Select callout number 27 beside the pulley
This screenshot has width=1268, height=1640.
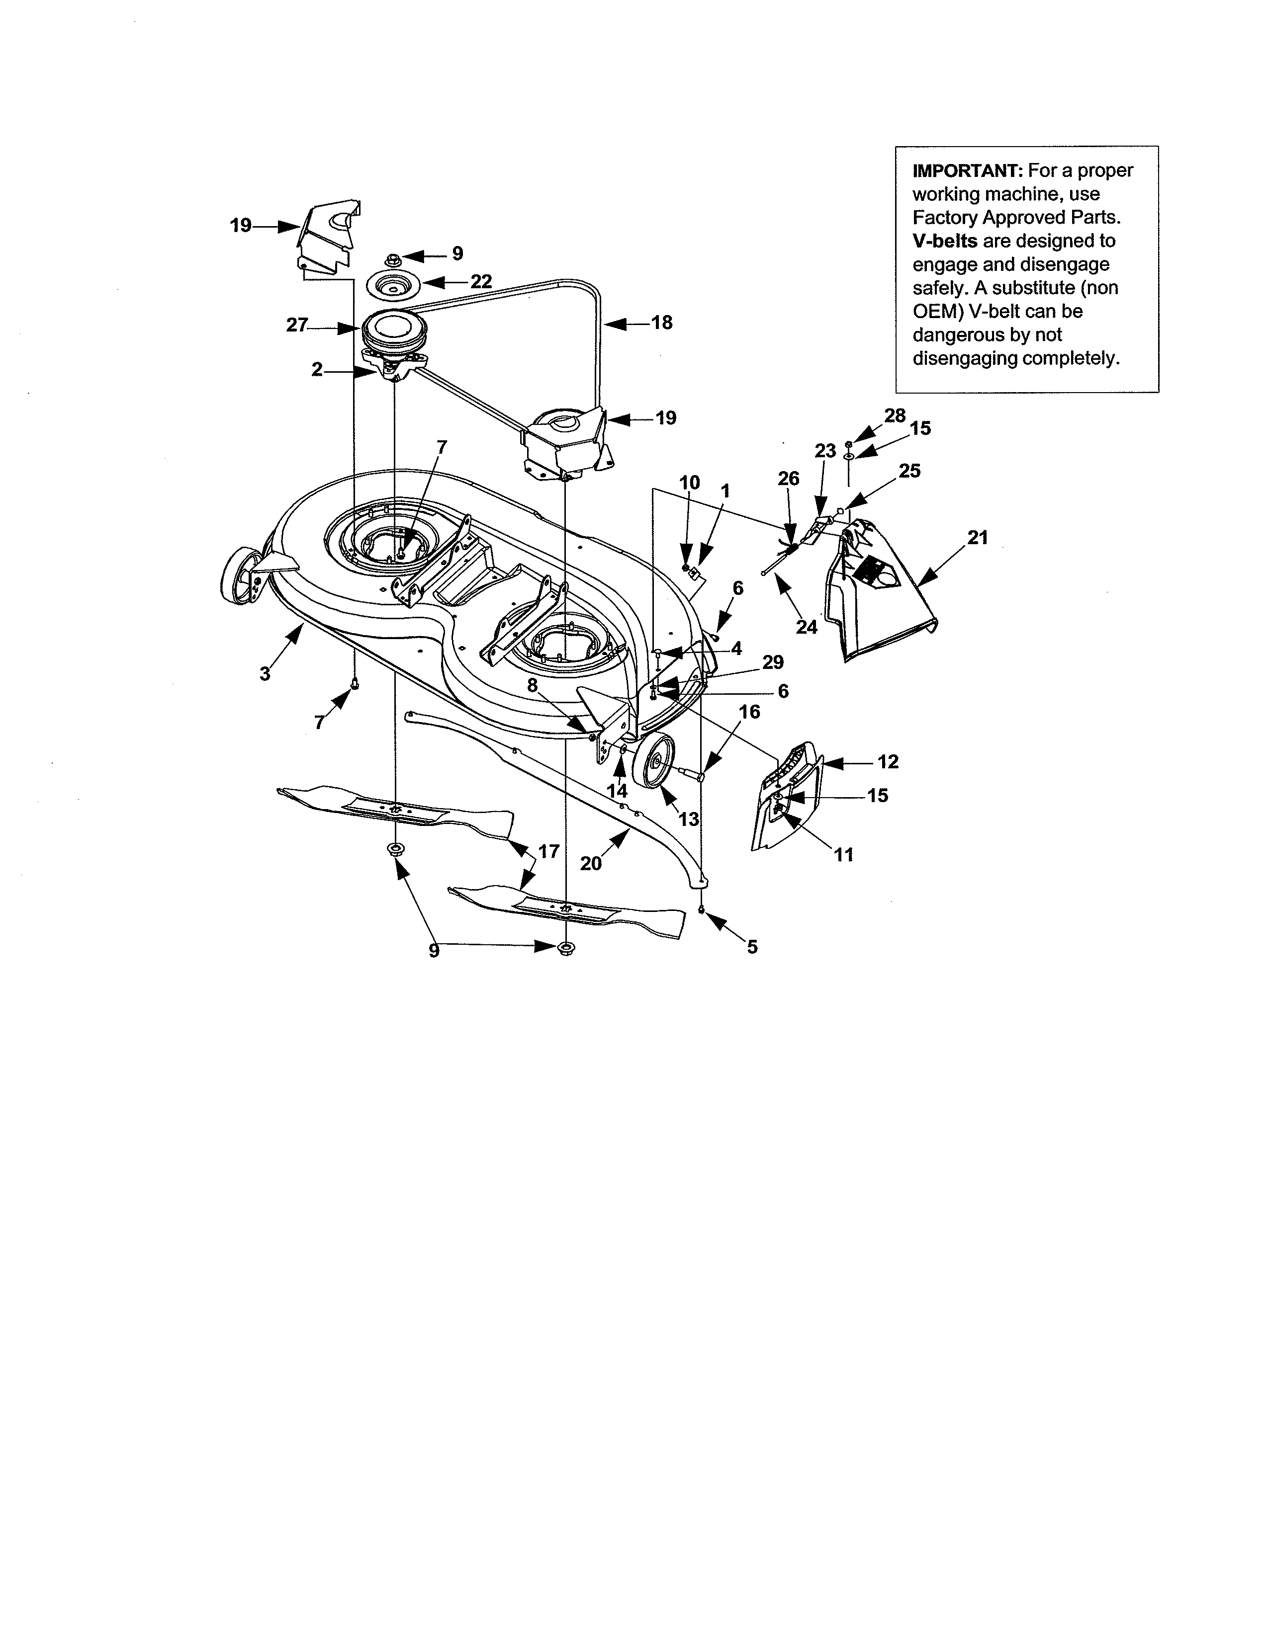click(x=297, y=325)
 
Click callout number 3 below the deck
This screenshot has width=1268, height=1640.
click(x=265, y=673)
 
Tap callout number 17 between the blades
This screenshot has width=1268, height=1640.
click(x=548, y=851)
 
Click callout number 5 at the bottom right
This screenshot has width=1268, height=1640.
click(x=752, y=947)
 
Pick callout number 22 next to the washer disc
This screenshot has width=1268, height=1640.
click(x=481, y=282)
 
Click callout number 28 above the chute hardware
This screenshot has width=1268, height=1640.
click(x=895, y=415)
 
